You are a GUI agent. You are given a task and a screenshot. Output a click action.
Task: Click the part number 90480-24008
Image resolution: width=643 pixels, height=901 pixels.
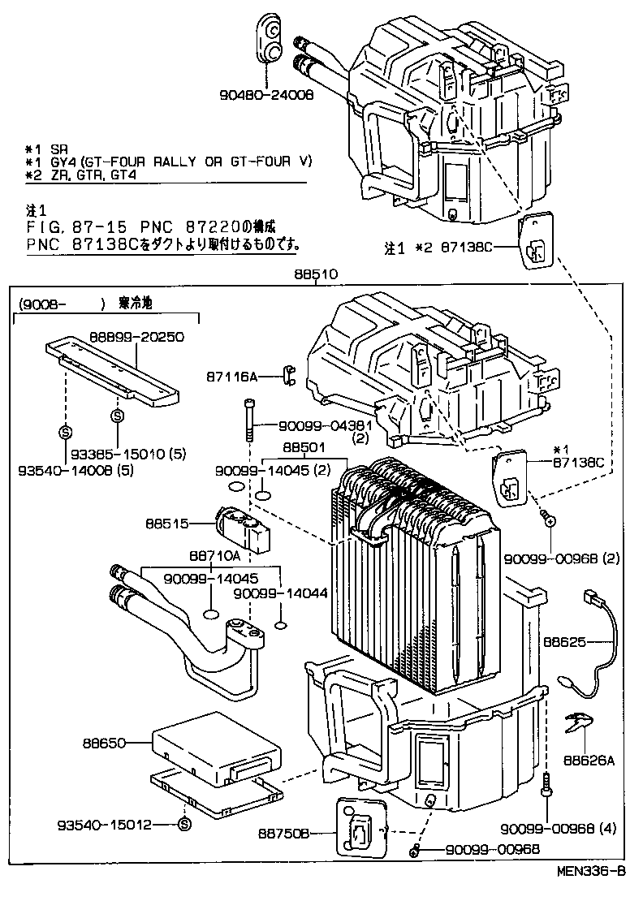(x=265, y=94)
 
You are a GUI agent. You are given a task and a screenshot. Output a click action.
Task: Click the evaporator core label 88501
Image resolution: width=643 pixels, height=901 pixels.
(x=304, y=447)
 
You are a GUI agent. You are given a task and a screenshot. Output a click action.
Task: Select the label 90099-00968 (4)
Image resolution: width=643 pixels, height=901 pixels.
(x=559, y=828)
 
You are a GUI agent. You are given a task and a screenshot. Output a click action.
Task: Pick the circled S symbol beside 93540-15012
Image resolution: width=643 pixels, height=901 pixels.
(x=184, y=825)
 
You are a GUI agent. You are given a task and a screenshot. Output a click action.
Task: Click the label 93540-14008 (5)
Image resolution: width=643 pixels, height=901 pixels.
(x=67, y=469)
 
